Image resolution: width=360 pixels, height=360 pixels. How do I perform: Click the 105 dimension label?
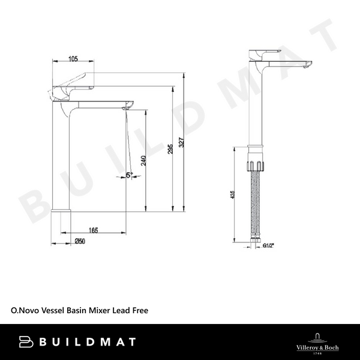point(73,59)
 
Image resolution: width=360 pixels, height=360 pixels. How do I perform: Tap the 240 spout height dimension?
point(143,161)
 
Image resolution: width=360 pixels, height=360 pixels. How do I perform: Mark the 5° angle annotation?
point(129,176)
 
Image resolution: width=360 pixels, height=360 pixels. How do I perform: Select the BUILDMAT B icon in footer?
point(25,342)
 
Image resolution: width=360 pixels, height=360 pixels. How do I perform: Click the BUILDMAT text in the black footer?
point(87,342)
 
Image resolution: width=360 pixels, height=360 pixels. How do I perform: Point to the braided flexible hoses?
point(256,204)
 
